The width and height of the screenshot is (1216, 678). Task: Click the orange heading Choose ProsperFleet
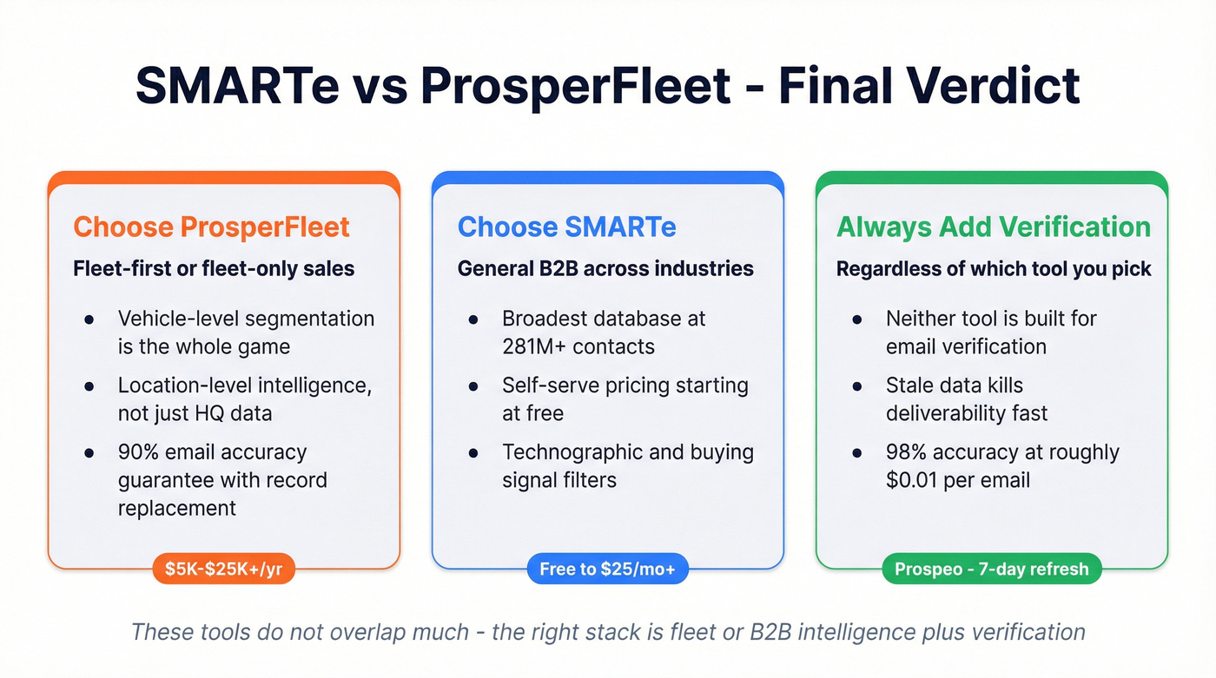211,227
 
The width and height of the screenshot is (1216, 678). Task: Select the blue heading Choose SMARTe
566,227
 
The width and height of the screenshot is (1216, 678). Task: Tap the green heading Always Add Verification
993,227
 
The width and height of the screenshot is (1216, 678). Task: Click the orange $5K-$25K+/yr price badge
224,569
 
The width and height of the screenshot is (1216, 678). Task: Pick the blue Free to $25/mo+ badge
607,569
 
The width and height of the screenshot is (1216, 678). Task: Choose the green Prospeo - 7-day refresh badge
991,569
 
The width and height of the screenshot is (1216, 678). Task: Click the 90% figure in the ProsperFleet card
138,452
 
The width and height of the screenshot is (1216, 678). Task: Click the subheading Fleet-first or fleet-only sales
214,269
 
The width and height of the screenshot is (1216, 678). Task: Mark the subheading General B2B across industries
605,269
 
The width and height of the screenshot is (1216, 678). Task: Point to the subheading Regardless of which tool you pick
994,269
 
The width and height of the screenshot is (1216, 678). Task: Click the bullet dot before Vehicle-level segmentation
89,319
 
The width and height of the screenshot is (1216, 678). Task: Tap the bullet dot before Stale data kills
856,386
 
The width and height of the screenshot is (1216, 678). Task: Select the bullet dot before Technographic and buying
473,453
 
